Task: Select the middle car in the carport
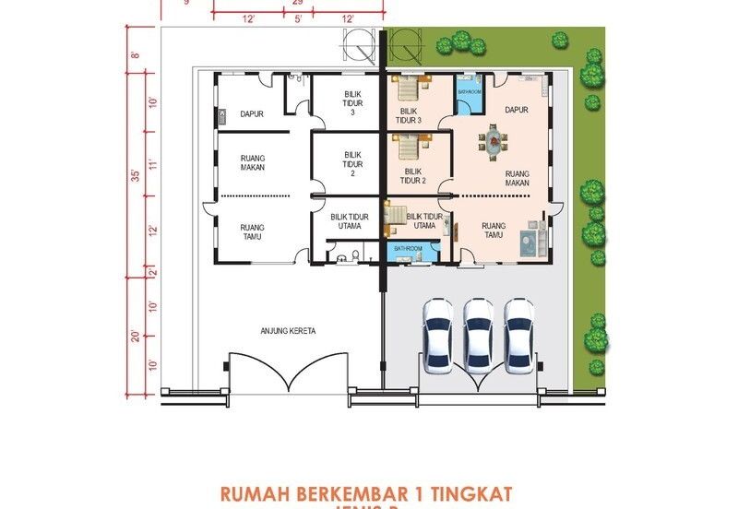(478, 335)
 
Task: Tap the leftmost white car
(436, 335)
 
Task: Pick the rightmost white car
(519, 335)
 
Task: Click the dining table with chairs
(493, 141)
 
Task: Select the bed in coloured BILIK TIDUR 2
(410, 145)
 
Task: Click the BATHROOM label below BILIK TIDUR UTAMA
(408, 249)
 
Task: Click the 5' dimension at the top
(298, 19)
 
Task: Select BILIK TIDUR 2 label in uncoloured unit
(351, 164)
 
